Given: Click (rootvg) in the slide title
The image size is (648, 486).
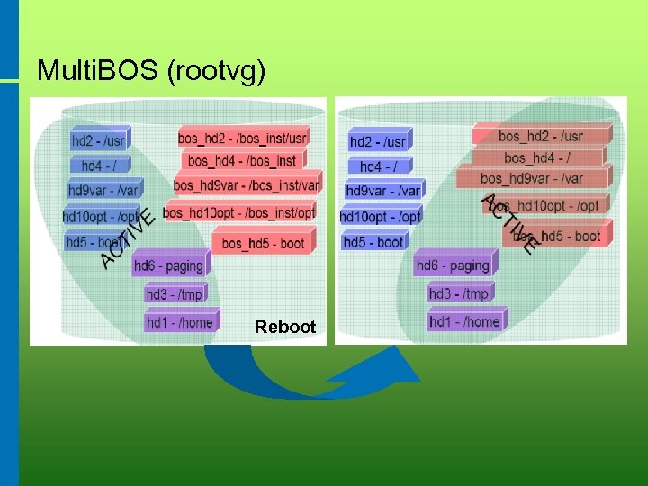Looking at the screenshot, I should click(x=217, y=70).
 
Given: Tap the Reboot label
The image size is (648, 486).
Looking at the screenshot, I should click(x=285, y=327).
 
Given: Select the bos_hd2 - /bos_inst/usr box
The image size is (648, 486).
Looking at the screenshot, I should click(x=242, y=138).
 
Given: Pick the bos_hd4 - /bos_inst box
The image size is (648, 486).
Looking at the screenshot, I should click(x=241, y=161).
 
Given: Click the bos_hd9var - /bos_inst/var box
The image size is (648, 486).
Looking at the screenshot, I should click(x=246, y=184).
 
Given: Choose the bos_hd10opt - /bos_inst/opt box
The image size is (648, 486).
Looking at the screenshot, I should click(x=239, y=212).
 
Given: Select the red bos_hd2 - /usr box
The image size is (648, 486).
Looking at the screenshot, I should click(x=541, y=137).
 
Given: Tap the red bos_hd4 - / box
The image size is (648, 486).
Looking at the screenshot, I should click(x=537, y=158).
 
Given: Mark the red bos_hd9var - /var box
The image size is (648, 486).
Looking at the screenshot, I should click(x=532, y=178).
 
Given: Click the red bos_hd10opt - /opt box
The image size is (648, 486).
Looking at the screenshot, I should click(x=545, y=206).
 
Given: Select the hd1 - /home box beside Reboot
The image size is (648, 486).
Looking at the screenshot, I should click(x=179, y=322).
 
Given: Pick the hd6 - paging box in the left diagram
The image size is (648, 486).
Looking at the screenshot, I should click(x=168, y=265).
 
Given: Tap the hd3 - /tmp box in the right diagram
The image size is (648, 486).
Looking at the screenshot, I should click(x=458, y=293).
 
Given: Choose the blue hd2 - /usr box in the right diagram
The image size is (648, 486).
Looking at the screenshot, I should click(x=378, y=141).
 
